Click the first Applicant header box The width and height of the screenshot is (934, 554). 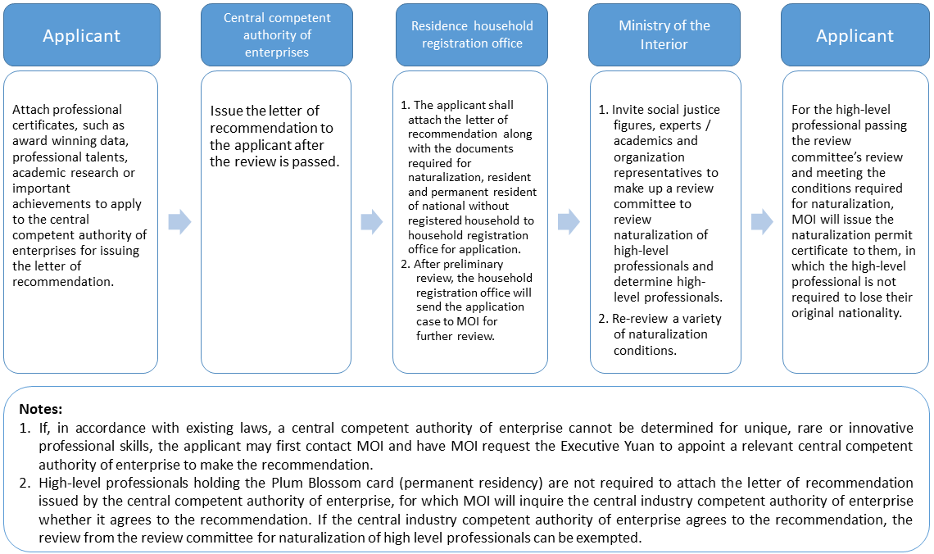[81, 36]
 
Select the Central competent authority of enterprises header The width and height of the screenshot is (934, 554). [276, 35]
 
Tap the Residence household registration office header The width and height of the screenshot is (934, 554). [472, 35]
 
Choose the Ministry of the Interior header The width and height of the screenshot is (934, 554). [664, 35]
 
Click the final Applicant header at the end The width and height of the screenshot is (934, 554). [855, 36]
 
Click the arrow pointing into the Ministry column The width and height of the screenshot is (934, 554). [569, 222]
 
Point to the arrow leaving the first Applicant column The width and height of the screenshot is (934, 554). [179, 222]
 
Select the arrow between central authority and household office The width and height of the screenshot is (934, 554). [372, 222]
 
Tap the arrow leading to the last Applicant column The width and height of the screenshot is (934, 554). [762, 222]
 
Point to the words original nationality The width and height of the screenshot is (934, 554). [842, 314]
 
